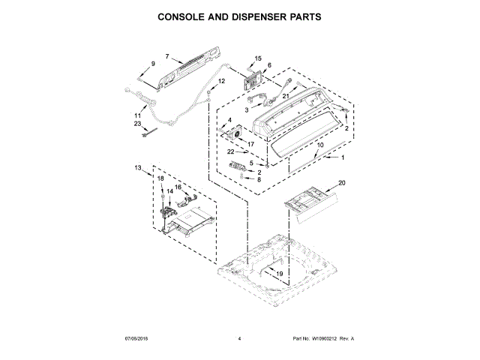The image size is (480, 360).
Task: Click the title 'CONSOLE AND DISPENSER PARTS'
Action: (239, 15)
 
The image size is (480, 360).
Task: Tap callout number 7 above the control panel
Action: (167, 56)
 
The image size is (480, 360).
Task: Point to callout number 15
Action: (257, 58)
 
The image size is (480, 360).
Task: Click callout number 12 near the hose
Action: (222, 81)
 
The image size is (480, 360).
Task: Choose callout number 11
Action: (137, 115)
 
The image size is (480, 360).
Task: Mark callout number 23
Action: (137, 124)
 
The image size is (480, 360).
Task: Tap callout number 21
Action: (286, 96)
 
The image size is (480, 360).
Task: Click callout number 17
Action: (240, 144)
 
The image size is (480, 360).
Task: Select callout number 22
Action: (231, 152)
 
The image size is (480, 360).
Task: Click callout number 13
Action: (137, 167)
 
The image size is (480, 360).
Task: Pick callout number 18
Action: (160, 178)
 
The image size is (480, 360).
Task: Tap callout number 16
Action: (178, 187)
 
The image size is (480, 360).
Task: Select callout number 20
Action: (342, 183)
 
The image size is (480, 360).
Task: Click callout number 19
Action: (279, 275)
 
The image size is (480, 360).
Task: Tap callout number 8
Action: (259, 180)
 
